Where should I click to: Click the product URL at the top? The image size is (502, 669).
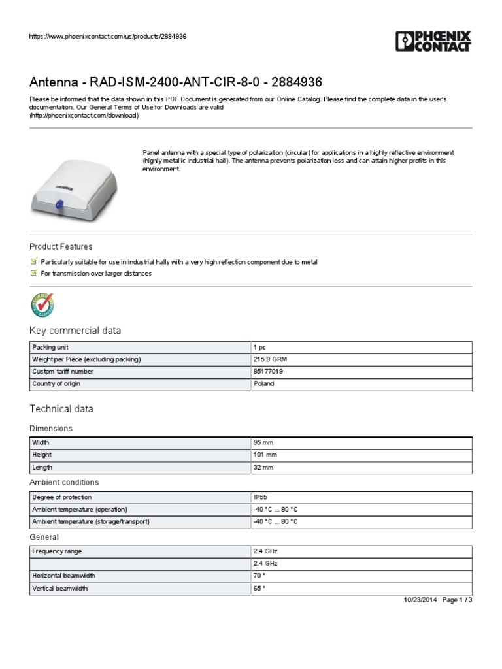pyautogui.click(x=108, y=36)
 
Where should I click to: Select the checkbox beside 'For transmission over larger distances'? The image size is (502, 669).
pyautogui.click(x=34, y=274)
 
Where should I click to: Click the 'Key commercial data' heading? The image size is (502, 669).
pyautogui.click(x=75, y=331)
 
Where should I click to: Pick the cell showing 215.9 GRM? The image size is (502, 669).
pyautogui.click(x=269, y=359)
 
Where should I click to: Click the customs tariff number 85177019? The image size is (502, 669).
pyautogui.click(x=268, y=372)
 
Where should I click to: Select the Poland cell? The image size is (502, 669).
pyautogui.click(x=263, y=384)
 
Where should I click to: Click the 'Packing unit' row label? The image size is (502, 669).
pyautogui.click(x=50, y=347)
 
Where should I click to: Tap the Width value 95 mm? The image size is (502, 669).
pyautogui.click(x=263, y=442)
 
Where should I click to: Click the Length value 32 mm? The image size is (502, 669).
pyautogui.click(x=263, y=468)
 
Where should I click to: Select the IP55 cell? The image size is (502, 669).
pyautogui.click(x=260, y=497)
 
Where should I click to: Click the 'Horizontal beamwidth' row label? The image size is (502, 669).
pyautogui.click(x=63, y=576)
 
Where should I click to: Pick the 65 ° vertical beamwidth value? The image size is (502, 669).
pyautogui.click(x=259, y=589)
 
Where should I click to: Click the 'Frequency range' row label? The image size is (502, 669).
pyautogui.click(x=57, y=551)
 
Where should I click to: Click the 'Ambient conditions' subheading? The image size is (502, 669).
pyautogui.click(x=64, y=482)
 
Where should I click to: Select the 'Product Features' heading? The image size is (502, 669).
pyautogui.click(x=61, y=247)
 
